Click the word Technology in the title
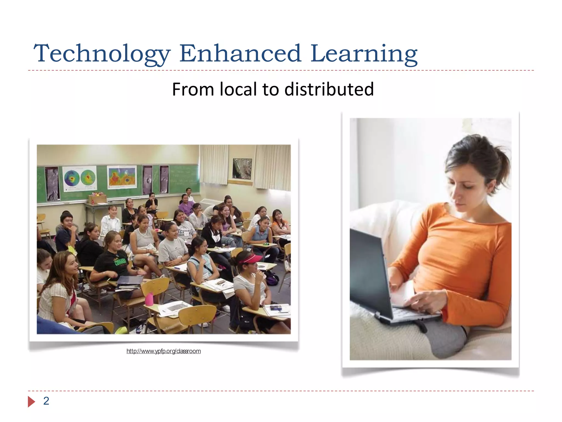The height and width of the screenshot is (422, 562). pos(102,54)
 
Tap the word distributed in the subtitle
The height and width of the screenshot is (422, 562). pos(329,89)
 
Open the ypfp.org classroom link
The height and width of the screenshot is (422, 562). pos(164,351)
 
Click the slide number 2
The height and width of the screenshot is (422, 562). pos(46,401)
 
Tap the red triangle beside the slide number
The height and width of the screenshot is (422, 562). pos(31,402)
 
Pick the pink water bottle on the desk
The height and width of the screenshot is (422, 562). pos(149,299)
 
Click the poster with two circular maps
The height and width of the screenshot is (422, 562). pos(80,178)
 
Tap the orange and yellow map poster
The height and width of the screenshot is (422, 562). pos(122,177)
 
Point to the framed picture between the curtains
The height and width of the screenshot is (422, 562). pos(242,168)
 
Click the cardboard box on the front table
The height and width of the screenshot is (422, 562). pos(97,199)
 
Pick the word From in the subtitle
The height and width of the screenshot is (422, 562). pos(193,89)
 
